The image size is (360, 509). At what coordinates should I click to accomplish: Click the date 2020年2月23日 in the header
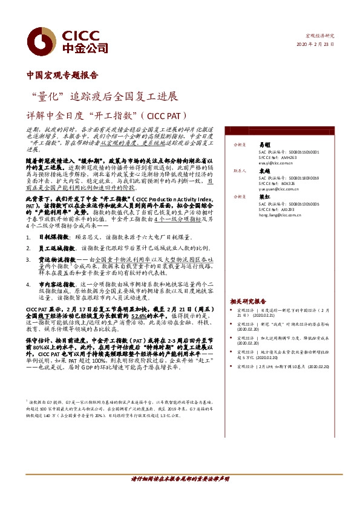point(316,46)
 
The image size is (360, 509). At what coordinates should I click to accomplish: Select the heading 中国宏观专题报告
point(63,76)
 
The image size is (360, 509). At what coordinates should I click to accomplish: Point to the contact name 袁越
point(264,171)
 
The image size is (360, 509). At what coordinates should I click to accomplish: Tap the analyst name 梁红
point(264,197)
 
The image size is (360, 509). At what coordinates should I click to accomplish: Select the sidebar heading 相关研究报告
point(247,301)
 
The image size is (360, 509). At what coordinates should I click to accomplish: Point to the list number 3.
point(28,258)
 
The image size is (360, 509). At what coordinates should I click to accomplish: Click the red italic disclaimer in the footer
point(180,495)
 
